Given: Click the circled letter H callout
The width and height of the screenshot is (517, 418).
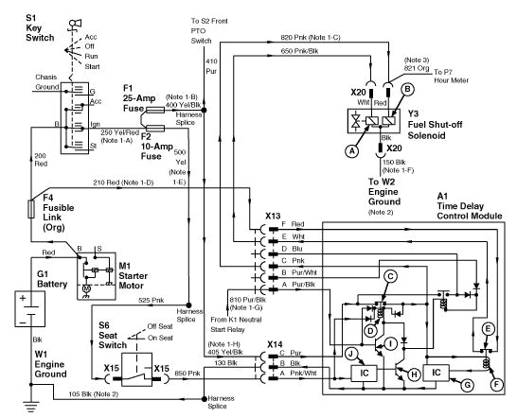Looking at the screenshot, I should [412, 374].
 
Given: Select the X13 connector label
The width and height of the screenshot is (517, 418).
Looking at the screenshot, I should [275, 215].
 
